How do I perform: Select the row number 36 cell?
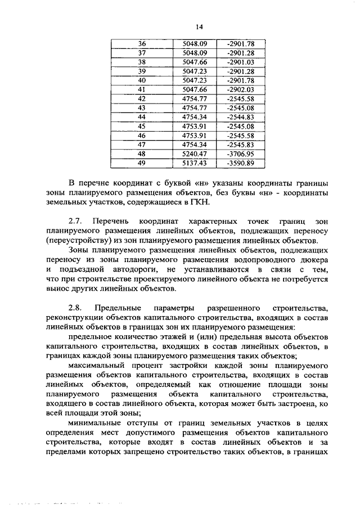point(142,44)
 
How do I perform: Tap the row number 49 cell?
point(142,163)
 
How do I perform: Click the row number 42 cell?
point(142,98)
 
